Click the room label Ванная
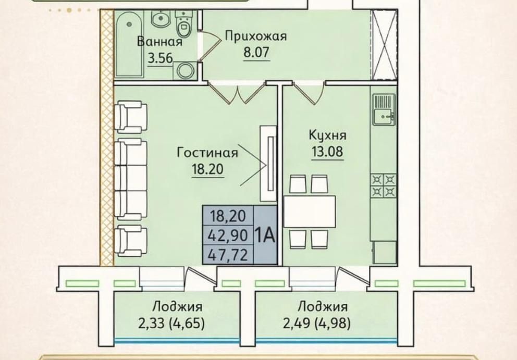[159, 42]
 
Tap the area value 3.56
[160, 58]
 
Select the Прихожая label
[256, 36]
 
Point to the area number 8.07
[256, 52]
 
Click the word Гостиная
[207, 153]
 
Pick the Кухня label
[327, 135]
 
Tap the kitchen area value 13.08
[327, 152]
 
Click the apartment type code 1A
[265, 235]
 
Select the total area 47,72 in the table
[228, 255]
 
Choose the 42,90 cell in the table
[228, 235]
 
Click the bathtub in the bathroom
[129, 44]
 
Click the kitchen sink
[384, 109]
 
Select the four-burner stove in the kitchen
[384, 185]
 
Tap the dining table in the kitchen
[310, 212]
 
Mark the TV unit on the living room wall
[268, 164]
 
